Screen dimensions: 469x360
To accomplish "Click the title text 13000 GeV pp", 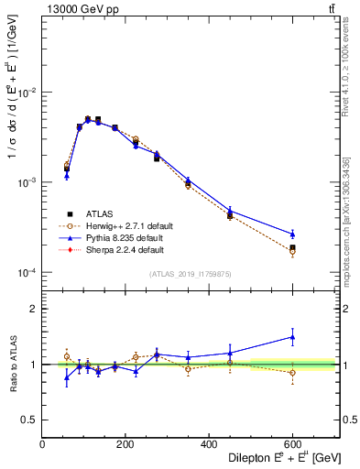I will pyautogui.click(x=79, y=10).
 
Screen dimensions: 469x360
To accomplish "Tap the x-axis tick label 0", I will pyautogui.click(x=42, y=445).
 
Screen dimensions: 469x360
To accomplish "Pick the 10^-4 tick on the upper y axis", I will pyautogui.click(x=27, y=273).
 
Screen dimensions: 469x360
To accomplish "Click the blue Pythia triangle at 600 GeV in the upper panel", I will pyautogui.click(x=292, y=234).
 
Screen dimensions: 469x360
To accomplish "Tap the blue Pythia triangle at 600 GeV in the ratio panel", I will pyautogui.click(x=292, y=337).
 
